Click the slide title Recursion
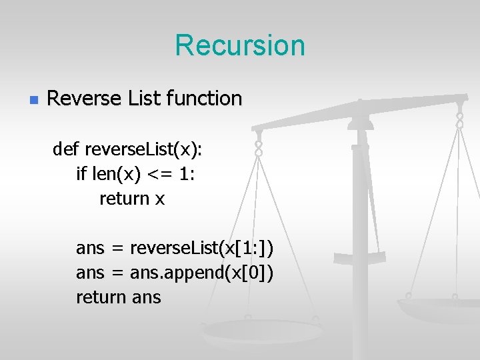pyautogui.click(x=240, y=45)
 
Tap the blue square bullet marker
pyautogui.click(x=33, y=100)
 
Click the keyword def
pyautogui.click(x=65, y=149)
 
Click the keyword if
pyautogui.click(x=81, y=174)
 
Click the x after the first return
pyautogui.click(x=159, y=199)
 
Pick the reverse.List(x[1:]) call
pyautogui.click(x=202, y=249)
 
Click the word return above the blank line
pyautogui.click(x=124, y=199)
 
